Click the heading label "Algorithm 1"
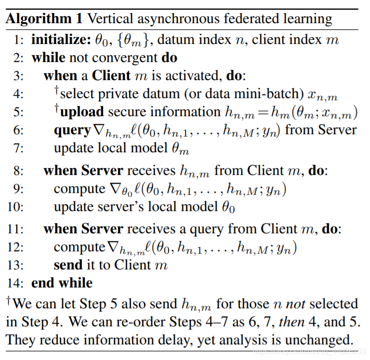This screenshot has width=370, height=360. coord(44,19)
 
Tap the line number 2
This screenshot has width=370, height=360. coord(18,59)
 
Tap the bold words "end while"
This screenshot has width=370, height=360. coord(62,283)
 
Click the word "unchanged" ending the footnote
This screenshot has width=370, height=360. coord(316,339)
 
